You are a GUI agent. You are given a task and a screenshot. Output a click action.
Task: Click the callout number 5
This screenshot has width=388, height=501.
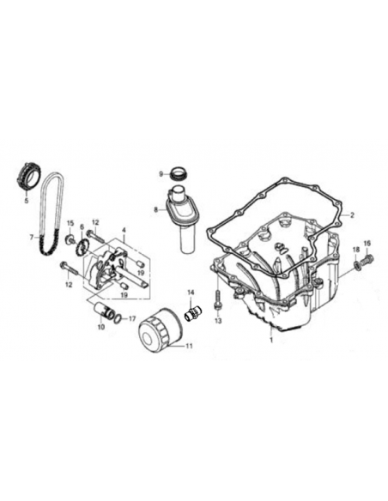(27, 201)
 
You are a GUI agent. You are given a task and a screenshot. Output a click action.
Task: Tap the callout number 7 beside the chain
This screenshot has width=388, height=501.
(31, 238)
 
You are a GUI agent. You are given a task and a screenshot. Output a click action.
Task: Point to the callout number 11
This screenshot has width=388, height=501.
(189, 346)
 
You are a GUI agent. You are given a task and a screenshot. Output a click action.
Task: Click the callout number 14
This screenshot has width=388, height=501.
(191, 293)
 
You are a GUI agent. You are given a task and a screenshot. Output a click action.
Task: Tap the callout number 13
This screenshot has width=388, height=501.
(218, 321)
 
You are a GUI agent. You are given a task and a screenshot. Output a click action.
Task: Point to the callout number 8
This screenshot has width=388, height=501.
(156, 210)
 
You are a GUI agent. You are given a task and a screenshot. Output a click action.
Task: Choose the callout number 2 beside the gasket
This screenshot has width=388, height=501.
(352, 215)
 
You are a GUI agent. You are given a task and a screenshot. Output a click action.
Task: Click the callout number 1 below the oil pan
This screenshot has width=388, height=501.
(271, 340)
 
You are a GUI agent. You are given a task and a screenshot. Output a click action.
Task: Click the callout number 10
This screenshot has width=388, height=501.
(101, 327)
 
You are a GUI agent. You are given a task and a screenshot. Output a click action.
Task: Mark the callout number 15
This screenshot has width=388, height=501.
(70, 223)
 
